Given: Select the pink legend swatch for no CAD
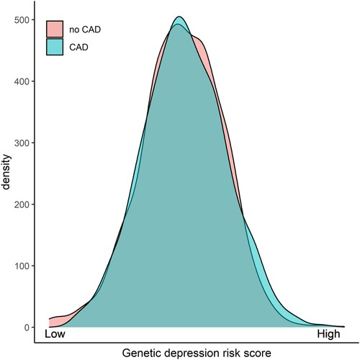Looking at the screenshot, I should click(x=55, y=29).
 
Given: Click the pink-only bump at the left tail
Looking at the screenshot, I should click(x=58, y=318).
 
